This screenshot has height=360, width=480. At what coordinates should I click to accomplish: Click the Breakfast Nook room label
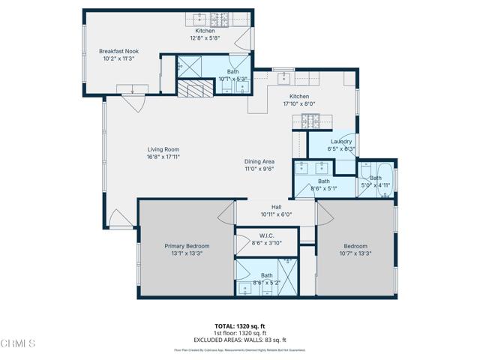point(118,52)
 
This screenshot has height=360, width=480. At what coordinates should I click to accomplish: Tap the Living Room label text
point(163,150)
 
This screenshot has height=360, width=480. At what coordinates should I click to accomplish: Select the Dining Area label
point(259,162)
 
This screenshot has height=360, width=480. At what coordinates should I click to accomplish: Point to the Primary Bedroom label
point(187,246)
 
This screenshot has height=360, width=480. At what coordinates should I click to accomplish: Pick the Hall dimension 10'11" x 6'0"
point(275,214)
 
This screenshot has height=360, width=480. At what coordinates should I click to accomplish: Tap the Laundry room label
point(331,141)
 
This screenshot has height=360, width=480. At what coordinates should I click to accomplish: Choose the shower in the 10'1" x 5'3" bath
point(189,67)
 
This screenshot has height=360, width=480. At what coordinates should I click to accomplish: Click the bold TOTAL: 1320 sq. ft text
point(239,326)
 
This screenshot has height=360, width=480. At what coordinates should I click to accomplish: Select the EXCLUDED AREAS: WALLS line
point(239,340)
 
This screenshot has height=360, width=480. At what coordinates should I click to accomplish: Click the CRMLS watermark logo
point(18,344)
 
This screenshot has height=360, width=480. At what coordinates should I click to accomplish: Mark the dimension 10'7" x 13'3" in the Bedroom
point(355,253)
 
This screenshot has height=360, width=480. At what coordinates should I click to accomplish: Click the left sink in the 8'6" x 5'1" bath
point(304,166)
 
